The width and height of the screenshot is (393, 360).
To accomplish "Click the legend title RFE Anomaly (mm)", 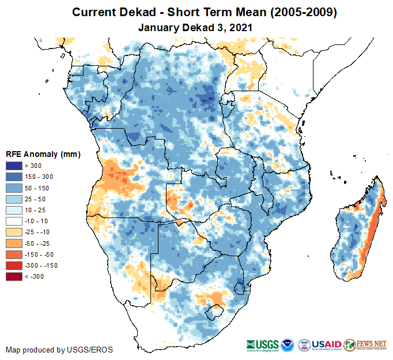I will (43, 154).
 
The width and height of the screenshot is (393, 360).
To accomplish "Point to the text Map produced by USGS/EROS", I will (59, 350).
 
